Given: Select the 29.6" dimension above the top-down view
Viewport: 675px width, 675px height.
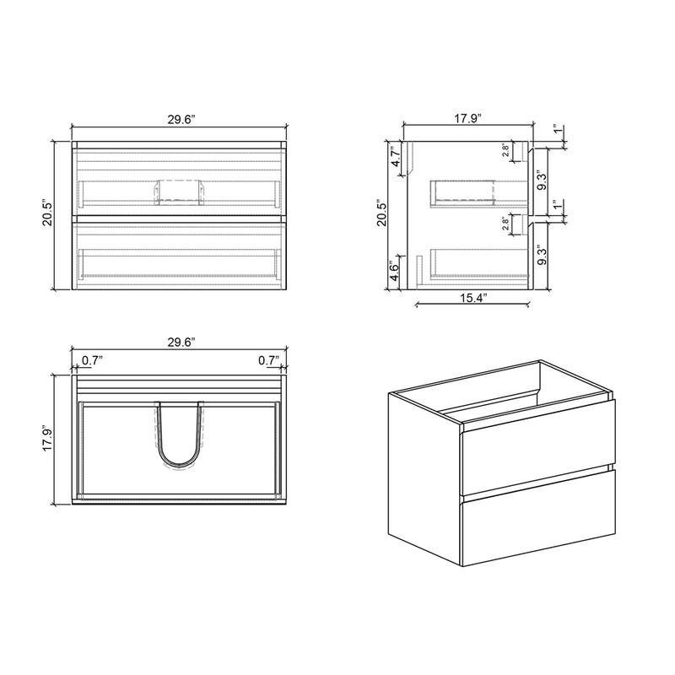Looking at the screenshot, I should [181, 342].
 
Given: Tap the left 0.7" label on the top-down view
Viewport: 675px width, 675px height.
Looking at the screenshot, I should [92, 360].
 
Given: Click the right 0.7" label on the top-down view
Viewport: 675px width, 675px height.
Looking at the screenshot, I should [268, 360].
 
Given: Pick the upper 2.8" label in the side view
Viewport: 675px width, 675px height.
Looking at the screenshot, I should [505, 151].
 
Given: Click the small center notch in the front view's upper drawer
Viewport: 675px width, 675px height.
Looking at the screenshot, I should [179, 192].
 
